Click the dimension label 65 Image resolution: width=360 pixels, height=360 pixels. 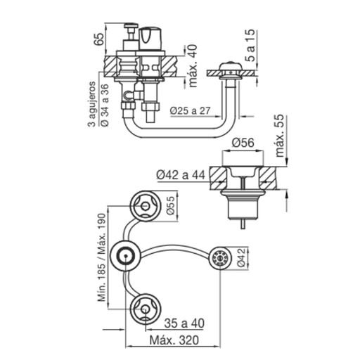tap(99, 39)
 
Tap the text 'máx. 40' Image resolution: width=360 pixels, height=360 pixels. tap(193, 66)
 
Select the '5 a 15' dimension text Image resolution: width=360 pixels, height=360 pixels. tap(250, 46)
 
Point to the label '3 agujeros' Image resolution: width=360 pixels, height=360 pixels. tap(92, 104)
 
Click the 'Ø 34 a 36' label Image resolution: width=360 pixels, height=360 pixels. tap(105, 105)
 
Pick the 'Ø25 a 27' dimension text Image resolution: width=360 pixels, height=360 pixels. tap(191, 110)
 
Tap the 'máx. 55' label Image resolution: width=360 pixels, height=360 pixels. tap(280, 136)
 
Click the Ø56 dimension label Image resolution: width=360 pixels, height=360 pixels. tap(243, 143)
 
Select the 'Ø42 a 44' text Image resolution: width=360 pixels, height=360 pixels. tap(181, 175)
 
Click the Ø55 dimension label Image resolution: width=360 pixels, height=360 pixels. tap(171, 205)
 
